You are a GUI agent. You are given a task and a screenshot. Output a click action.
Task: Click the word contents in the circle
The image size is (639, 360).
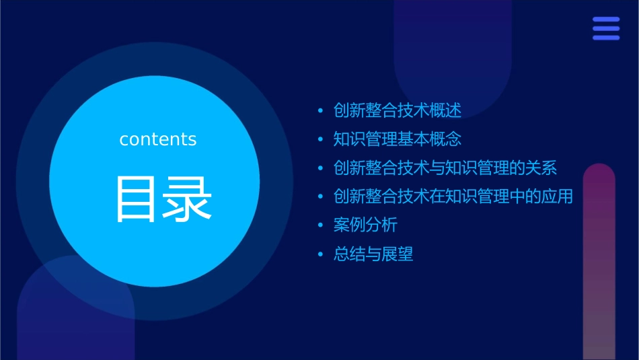click(x=158, y=139)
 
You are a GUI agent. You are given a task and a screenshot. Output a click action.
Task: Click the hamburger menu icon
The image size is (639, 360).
click(x=606, y=29)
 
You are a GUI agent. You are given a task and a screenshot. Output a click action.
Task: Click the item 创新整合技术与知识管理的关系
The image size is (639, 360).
click(x=445, y=168)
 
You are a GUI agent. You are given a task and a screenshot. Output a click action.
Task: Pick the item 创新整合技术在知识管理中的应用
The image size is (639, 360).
click(x=453, y=196)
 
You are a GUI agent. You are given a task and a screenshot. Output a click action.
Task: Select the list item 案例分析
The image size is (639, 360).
click(x=365, y=225)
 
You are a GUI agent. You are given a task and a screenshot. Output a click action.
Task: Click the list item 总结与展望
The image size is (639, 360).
click(x=373, y=254)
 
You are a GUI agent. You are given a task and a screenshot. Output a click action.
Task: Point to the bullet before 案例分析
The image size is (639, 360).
click(x=320, y=225)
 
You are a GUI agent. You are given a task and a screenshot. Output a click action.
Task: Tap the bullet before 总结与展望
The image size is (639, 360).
click(x=320, y=254)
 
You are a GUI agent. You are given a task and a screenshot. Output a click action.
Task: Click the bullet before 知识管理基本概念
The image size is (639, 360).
click(x=320, y=140)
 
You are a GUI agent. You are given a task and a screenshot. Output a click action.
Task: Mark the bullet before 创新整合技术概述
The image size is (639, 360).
click(x=320, y=111)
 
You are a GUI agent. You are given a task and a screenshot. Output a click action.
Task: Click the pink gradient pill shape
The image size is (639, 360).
click(x=599, y=262)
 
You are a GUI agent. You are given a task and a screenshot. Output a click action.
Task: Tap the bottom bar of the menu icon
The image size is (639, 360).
click(x=606, y=38)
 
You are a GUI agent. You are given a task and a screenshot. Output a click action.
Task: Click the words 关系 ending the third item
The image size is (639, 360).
click(x=541, y=168)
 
